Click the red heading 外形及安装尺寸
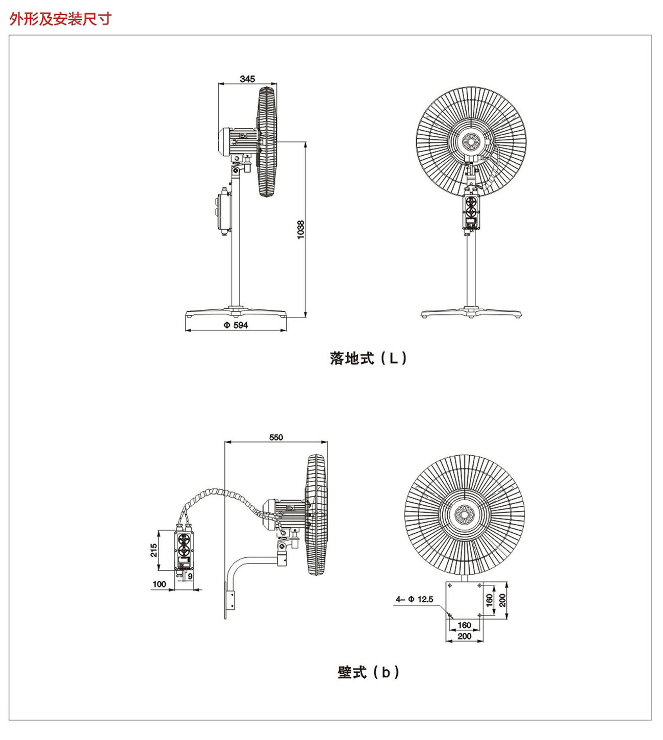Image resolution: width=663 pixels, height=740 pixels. point(61,19)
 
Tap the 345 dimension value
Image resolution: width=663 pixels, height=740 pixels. point(247,79)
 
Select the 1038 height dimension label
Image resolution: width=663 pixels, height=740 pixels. point(300,230)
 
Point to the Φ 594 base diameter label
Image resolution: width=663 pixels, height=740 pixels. point(236,325)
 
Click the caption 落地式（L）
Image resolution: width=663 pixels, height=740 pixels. point(368,358)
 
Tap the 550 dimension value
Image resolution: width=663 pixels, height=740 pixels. point(276,437)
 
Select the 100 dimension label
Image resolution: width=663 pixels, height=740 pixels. point(159,584)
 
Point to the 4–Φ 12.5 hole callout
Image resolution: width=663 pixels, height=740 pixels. point(414,599)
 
